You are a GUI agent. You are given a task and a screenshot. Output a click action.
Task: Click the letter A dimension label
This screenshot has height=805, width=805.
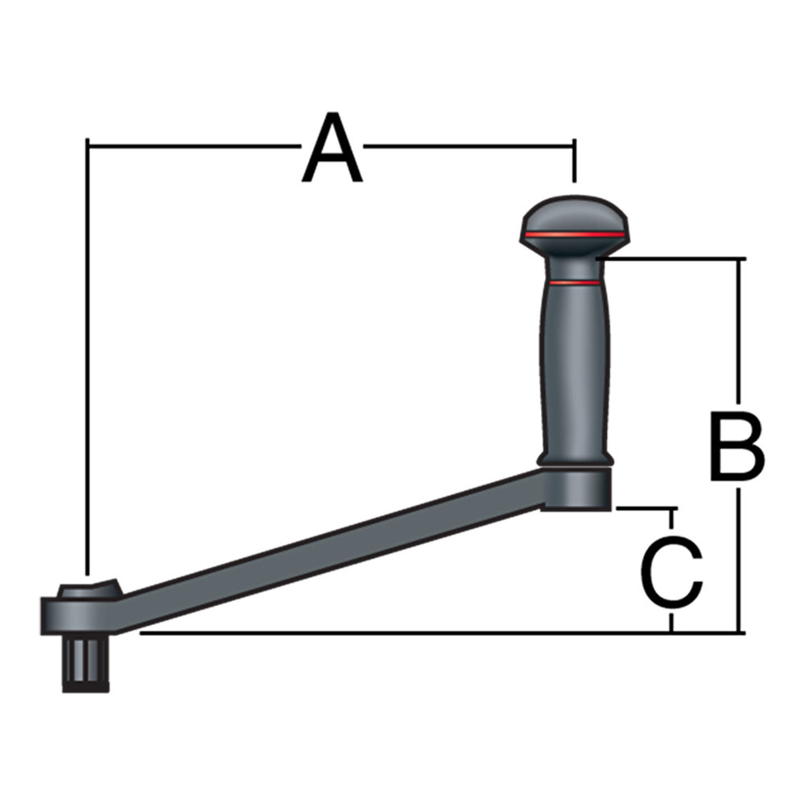(332, 150)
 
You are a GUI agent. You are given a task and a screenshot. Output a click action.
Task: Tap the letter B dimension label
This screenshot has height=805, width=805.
(737, 446)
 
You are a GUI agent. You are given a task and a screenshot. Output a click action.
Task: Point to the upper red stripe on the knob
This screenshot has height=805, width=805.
(574, 234)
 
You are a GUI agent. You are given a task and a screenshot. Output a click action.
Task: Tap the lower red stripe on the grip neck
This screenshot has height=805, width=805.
(573, 283)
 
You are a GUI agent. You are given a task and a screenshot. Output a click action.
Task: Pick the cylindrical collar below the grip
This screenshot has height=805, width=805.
(575, 487)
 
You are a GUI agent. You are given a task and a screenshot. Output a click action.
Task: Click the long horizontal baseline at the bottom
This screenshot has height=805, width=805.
(402, 633)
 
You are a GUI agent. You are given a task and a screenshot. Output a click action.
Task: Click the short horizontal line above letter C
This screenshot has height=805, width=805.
(644, 509)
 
